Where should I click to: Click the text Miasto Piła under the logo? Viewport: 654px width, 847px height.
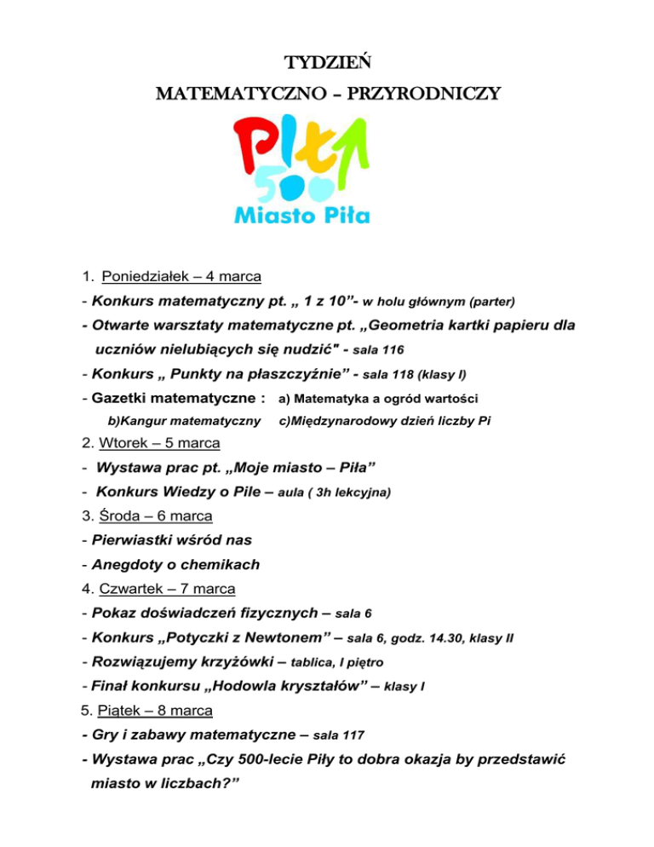click(x=302, y=214)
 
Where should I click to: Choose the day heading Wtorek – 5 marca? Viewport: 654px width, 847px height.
click(x=159, y=443)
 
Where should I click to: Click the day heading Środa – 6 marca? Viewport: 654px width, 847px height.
click(x=156, y=516)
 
